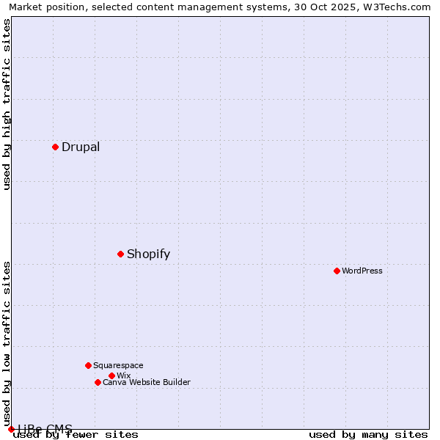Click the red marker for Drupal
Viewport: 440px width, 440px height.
click(x=55, y=147)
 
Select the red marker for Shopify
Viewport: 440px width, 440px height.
click(x=120, y=254)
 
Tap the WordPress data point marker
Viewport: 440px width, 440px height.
click(x=337, y=271)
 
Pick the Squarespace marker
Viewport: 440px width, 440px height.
click(x=88, y=365)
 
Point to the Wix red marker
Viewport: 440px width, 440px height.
click(x=111, y=375)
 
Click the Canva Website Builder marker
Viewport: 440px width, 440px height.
click(x=98, y=382)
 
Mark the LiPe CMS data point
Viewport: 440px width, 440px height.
click(x=11, y=429)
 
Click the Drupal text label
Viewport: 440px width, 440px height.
click(x=81, y=147)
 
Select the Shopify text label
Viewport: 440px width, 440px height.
click(x=148, y=254)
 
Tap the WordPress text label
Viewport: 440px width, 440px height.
click(x=362, y=271)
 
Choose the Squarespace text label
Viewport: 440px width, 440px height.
click(x=118, y=365)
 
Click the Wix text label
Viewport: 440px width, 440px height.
click(x=123, y=375)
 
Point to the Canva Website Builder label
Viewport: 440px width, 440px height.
click(x=147, y=382)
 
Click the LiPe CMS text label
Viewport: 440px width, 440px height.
click(x=45, y=429)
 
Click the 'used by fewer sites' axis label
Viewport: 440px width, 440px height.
click(x=76, y=434)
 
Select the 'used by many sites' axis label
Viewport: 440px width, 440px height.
click(x=368, y=434)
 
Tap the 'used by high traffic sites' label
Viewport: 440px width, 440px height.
click(x=7, y=104)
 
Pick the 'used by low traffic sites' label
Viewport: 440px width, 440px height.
click(x=7, y=343)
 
